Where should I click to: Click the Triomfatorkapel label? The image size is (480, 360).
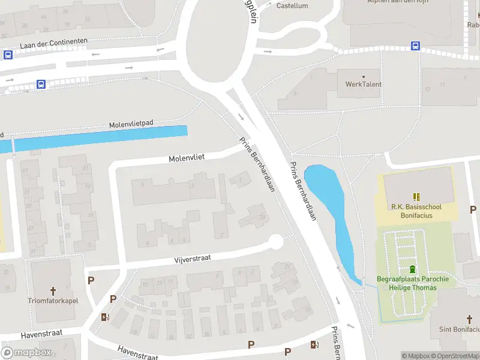pyautogui.click(x=53, y=301)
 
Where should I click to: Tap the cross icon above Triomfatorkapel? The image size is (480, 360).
pyautogui.click(x=53, y=291)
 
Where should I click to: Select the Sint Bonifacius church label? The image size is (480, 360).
pyautogui.click(x=460, y=329)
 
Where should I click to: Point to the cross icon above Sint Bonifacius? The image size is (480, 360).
pyautogui.click(x=470, y=319)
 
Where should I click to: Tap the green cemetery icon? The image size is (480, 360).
pyautogui.click(x=412, y=269)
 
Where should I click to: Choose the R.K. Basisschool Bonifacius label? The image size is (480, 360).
pyautogui.click(x=416, y=211)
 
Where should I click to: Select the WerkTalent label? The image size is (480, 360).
pyautogui.click(x=363, y=84)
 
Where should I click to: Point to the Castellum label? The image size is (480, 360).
pyautogui.click(x=292, y=6)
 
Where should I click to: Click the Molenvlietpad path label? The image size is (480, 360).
pyautogui.click(x=131, y=124)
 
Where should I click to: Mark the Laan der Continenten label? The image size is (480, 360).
pyautogui.click(x=53, y=43)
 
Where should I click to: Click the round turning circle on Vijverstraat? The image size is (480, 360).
pyautogui.click(x=275, y=242)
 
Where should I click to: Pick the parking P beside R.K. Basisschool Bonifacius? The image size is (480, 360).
pyautogui.click(x=473, y=210)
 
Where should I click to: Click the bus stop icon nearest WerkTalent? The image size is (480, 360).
pyautogui.click(x=415, y=46)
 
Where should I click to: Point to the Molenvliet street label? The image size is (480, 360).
pyautogui.click(x=187, y=158)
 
